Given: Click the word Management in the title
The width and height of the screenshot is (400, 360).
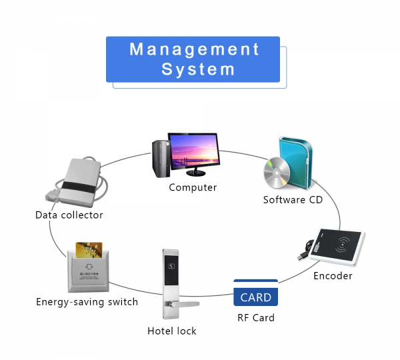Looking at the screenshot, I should (x=193, y=49).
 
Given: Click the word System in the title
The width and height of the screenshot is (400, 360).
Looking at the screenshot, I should (x=198, y=69).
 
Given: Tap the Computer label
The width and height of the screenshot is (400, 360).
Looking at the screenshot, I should (x=193, y=187).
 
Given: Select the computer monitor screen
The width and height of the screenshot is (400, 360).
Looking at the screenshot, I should (x=196, y=151).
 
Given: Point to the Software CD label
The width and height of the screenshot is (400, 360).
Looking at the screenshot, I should (x=293, y=199).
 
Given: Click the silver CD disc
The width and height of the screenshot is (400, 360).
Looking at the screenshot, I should (x=277, y=175).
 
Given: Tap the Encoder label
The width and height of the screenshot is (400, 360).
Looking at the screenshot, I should (x=333, y=275).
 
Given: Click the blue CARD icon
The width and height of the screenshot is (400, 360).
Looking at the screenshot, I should (x=255, y=297).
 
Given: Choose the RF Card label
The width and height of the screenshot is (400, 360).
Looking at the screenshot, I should (x=256, y=317).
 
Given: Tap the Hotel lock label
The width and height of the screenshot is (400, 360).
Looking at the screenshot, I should (x=171, y=331).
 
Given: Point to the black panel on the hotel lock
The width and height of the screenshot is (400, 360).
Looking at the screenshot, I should (x=170, y=268).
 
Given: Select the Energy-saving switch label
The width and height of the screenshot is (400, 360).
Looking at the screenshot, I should (x=87, y=302).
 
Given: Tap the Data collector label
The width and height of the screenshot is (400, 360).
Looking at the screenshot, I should (x=69, y=215).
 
